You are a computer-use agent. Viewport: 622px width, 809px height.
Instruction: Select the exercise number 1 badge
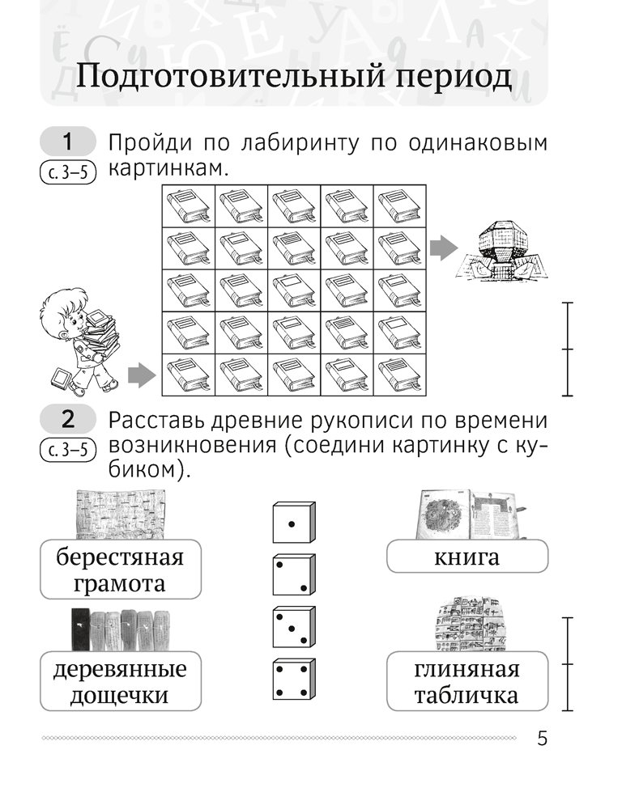pyautogui.click(x=67, y=143)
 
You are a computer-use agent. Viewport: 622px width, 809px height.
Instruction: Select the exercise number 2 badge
pyautogui.click(x=67, y=420)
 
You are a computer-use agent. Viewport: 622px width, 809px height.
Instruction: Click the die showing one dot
pyautogui.click(x=293, y=523)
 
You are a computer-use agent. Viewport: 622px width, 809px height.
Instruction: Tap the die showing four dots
pyautogui.click(x=293, y=680)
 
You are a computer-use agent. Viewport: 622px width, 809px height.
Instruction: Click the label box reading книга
pyautogui.click(x=466, y=557)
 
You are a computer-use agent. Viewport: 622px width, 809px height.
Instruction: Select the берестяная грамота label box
pyautogui.click(x=120, y=570)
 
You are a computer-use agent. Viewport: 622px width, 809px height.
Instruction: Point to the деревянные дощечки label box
pyautogui.click(x=120, y=681)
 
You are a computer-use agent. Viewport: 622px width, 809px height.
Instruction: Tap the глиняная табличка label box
pyautogui.click(x=466, y=681)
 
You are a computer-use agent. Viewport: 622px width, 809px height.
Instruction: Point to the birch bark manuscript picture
pyautogui.click(x=120, y=514)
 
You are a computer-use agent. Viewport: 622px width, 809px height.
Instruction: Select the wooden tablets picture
pyautogui.click(x=120, y=628)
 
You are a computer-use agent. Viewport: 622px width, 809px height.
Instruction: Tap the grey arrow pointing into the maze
pyautogui.click(x=141, y=375)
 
